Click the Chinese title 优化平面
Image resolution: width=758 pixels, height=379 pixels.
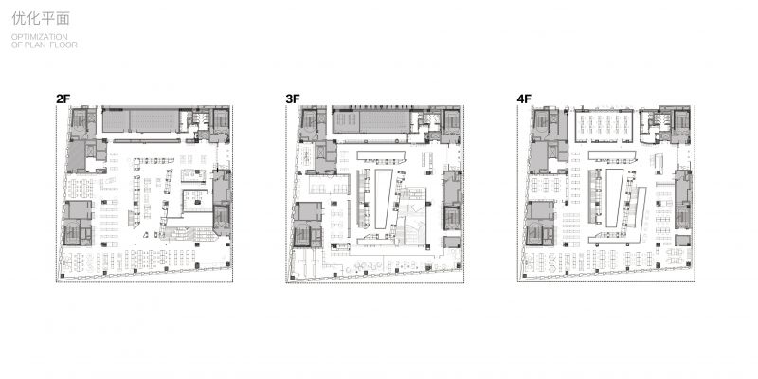point(41,18)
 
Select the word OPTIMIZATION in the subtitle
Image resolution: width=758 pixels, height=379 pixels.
point(40,37)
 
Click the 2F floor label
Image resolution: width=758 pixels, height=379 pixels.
point(63,99)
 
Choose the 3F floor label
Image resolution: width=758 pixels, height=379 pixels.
point(293,99)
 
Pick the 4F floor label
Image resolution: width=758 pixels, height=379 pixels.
point(524,99)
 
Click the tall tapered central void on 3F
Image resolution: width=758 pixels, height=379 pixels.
point(384,198)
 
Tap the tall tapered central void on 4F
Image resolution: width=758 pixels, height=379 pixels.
point(614,197)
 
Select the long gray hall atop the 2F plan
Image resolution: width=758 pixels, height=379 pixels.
point(140,120)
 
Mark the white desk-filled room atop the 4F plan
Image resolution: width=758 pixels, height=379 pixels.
point(605,126)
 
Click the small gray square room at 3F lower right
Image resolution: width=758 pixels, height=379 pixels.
point(452,243)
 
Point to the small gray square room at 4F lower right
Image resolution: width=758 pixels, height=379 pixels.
point(683,241)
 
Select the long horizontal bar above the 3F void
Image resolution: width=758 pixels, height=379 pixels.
point(381,154)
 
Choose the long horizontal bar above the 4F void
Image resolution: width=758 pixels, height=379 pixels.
point(612,154)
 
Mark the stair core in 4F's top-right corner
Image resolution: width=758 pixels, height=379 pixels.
point(681,120)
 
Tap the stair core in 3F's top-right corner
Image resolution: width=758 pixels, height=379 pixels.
point(451,120)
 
